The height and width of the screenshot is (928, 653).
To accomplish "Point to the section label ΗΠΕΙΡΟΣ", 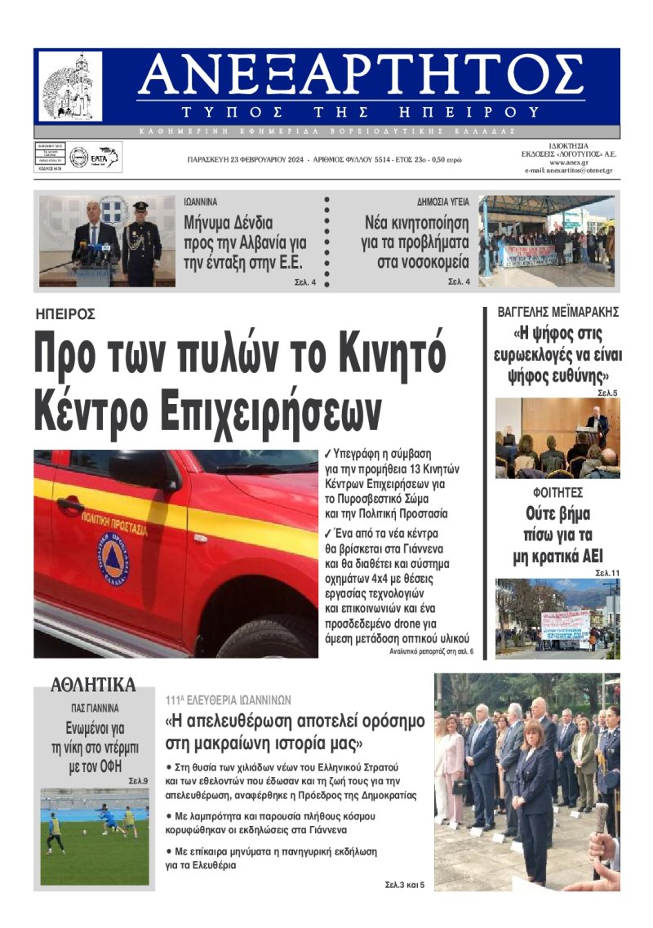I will [x=66, y=313].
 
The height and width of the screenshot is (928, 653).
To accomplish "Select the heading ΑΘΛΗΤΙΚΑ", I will [x=93, y=684].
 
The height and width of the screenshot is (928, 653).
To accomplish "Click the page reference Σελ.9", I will [x=138, y=781].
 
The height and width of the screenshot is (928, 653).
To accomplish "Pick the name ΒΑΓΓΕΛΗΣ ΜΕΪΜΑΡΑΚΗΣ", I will [x=557, y=312].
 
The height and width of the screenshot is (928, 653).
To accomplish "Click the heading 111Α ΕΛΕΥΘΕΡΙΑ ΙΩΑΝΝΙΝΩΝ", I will [x=228, y=699].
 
